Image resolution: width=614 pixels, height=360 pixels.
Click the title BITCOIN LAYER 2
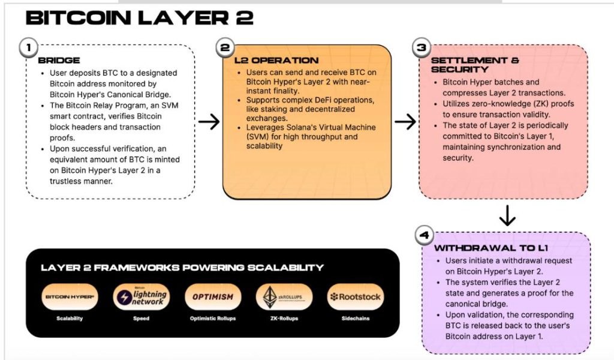click(139, 18)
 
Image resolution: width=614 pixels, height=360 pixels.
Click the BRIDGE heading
click(59, 61)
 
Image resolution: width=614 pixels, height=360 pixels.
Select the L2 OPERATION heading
click(276, 61)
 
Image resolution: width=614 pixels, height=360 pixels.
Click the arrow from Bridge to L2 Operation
click(209, 122)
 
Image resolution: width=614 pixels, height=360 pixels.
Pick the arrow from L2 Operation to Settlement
click(405, 122)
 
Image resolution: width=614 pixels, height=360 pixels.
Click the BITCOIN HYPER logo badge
click(70, 296)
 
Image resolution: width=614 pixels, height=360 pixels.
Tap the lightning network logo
click(141, 296)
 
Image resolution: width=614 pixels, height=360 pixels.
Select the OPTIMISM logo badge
click(212, 296)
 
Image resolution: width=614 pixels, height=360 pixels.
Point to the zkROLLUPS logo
click(284, 296)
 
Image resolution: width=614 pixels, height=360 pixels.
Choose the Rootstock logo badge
click(355, 296)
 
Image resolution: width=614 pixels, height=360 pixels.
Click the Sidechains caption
click(355, 319)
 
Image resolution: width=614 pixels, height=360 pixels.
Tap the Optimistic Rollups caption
click(212, 319)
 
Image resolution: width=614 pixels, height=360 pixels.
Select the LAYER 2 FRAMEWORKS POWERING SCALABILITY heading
click(182, 268)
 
